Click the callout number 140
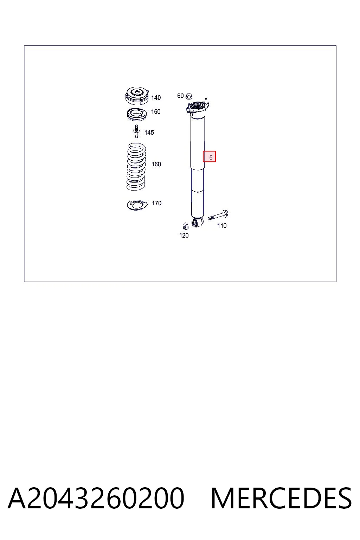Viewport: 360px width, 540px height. [156, 98]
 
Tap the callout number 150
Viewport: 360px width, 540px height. [156, 111]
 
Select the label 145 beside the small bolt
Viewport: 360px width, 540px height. [149, 132]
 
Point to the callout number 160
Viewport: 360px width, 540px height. [156, 164]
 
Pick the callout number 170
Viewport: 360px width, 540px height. [156, 203]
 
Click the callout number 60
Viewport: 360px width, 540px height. [180, 96]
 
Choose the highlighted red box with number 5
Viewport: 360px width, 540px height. [209, 156]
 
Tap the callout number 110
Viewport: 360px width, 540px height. [222, 226]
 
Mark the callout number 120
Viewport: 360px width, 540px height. [184, 235]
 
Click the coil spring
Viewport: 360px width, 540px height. [136, 167]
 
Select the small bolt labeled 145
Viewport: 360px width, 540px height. [136, 131]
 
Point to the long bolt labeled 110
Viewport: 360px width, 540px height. [218, 215]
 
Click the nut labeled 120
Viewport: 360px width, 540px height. [185, 226]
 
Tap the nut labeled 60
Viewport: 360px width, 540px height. [189, 96]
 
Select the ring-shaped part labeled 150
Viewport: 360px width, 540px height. [137, 115]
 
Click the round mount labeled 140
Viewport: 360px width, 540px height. [137, 96]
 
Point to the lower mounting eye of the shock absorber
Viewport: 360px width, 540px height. [197, 223]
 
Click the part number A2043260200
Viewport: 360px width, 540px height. [96, 498]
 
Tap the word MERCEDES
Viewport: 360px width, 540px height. [281, 498]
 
